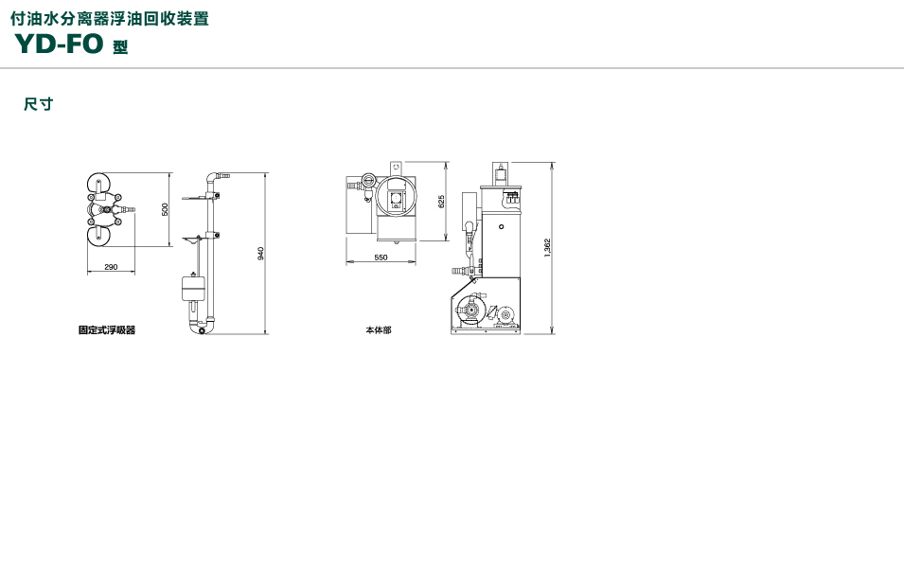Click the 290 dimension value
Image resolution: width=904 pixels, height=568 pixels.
(111, 267)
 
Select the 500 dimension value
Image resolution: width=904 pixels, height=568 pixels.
(165, 209)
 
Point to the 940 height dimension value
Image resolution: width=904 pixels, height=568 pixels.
(260, 254)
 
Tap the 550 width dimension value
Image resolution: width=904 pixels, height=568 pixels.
(381, 257)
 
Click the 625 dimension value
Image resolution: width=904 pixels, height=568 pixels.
(441, 202)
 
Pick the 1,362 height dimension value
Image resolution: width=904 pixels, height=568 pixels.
(547, 248)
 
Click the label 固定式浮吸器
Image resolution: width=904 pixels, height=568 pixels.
(107, 329)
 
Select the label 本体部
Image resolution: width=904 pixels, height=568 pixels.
(379, 329)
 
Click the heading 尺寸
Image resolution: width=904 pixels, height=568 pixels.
(38, 104)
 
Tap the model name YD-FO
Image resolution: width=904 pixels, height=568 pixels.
(59, 44)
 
